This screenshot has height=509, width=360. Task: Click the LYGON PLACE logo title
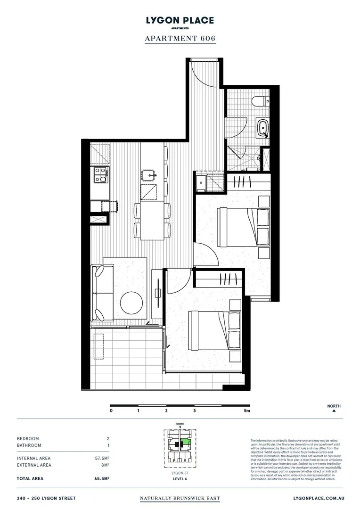[x=180, y=20]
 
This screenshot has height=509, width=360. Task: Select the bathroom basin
[x=262, y=127]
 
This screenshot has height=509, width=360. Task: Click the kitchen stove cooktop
[x=100, y=175]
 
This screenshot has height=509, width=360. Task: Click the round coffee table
[x=131, y=303]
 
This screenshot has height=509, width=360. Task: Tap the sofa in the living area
[x=99, y=293]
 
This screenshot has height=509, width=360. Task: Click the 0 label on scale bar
[x=111, y=410]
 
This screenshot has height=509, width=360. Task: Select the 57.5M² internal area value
[x=102, y=458]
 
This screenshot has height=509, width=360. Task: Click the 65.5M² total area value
[x=102, y=478]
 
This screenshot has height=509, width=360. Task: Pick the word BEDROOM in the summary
[x=28, y=438]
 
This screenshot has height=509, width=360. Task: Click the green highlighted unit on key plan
[x=187, y=442]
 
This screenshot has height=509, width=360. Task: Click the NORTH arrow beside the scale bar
[x=334, y=410]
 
